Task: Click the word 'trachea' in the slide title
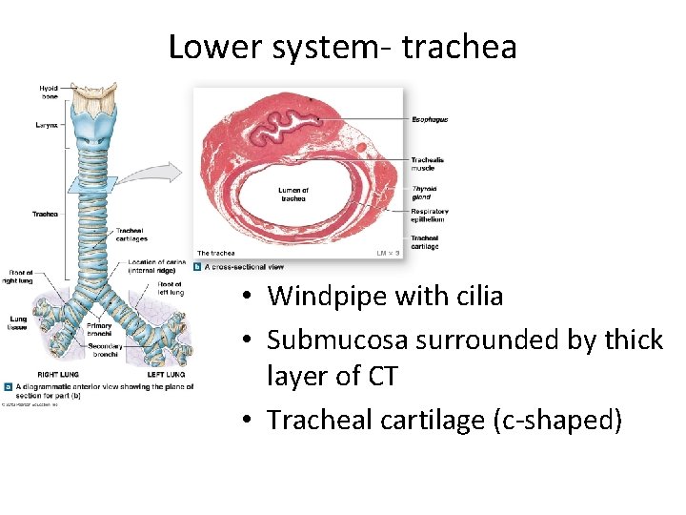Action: [459, 47]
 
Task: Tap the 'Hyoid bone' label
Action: [49, 92]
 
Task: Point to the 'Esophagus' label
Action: [430, 119]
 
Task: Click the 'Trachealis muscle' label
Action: [427, 163]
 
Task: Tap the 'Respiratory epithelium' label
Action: [430, 216]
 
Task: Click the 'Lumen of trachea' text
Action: [293, 194]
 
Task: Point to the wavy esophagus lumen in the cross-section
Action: [285, 124]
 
